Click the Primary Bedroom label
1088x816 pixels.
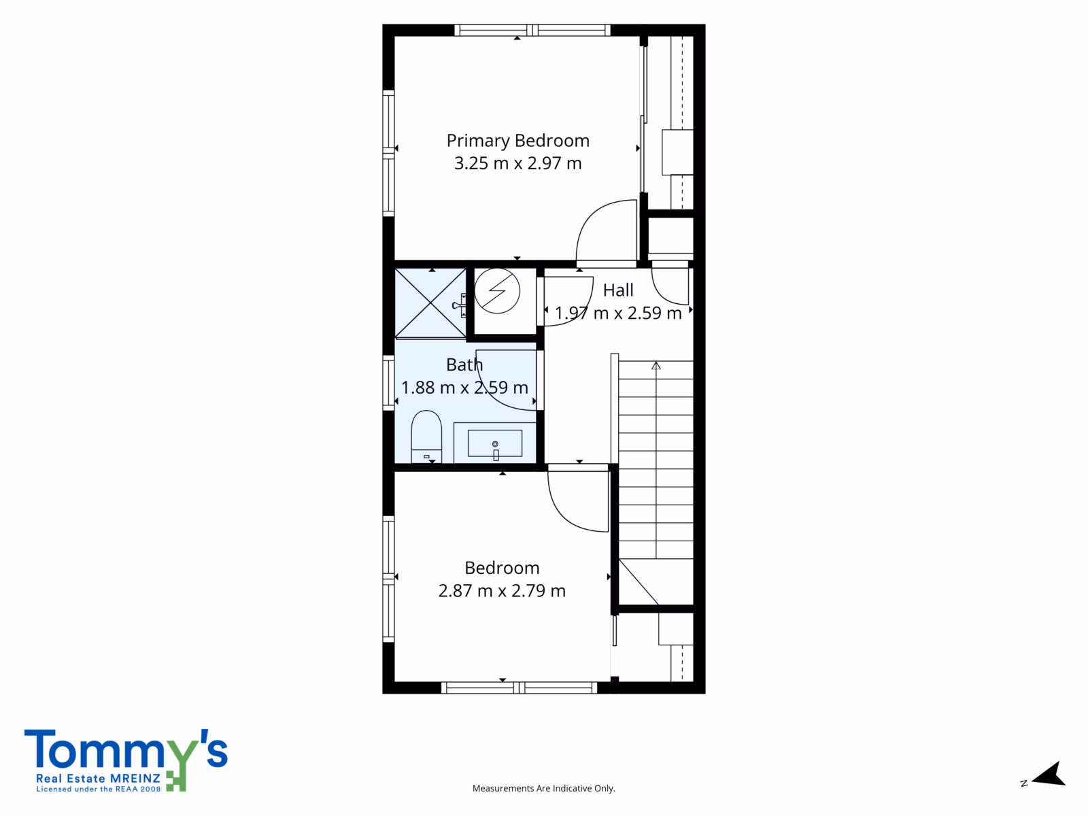[518, 141]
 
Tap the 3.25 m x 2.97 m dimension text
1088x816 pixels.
[518, 163]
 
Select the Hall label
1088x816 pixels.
[618, 290]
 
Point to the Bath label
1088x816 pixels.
[464, 364]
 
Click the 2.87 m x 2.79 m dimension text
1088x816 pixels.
[502, 590]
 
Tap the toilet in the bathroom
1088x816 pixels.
[426, 437]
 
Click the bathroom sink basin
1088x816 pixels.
[494, 443]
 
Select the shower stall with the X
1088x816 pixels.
[430, 303]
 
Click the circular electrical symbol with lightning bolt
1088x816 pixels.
[497, 291]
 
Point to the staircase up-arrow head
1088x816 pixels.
[656, 366]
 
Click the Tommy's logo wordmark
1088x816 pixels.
[126, 749]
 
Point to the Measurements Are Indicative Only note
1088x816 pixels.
[543, 788]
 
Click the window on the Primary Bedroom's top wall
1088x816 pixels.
[532, 30]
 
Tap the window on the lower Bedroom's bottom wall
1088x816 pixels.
[519, 687]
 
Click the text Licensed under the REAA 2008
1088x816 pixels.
[98, 789]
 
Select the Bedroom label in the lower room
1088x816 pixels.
[502, 568]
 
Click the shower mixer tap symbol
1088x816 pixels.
[460, 305]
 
